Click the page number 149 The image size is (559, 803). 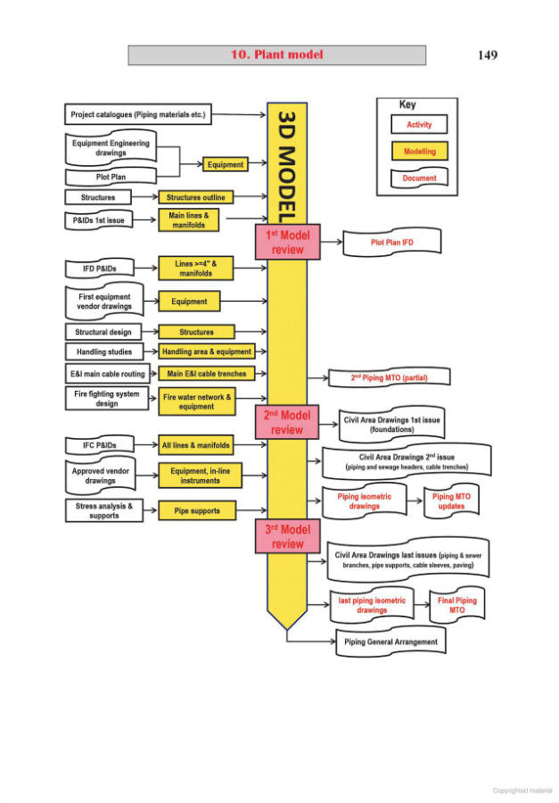[487, 55]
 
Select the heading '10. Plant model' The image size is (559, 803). [277, 55]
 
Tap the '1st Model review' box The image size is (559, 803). [287, 242]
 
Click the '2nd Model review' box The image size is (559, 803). [287, 422]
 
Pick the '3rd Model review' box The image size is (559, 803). [287, 536]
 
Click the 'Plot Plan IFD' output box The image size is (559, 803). [392, 242]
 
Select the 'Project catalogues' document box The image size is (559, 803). [138, 114]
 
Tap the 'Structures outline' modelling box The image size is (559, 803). [196, 197]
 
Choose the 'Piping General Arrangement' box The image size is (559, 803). [390, 642]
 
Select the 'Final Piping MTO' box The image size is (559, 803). [456, 605]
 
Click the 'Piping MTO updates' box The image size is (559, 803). [451, 501]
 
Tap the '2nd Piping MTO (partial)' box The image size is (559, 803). [390, 378]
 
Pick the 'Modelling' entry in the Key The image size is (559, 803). [419, 152]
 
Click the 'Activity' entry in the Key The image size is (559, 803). [419, 125]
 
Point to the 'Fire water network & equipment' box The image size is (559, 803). [197, 401]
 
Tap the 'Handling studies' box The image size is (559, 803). [104, 352]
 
